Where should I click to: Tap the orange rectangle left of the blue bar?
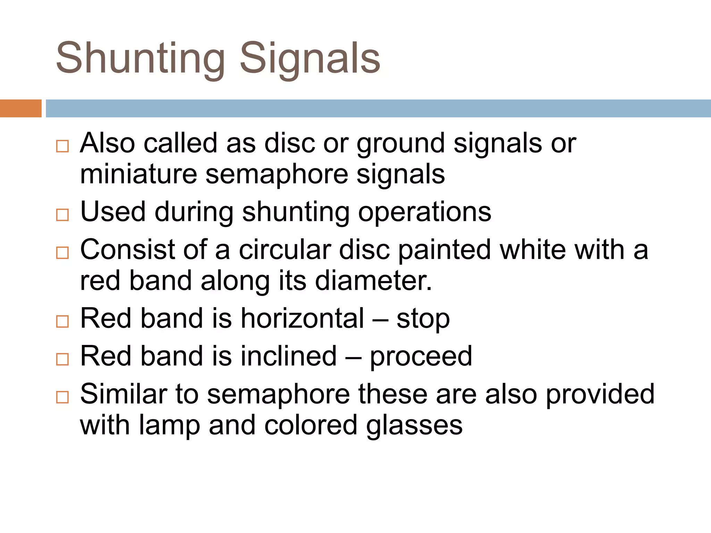(20, 108)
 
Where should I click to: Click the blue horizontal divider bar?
(378, 108)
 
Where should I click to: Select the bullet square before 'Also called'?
(62, 146)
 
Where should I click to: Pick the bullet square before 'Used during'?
(62, 215)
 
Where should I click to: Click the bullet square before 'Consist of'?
(62, 253)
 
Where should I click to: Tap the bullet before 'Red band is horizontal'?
(62, 321)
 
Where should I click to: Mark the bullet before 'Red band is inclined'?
(62, 359)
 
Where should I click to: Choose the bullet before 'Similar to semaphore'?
(62, 397)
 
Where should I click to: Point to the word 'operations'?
(424, 212)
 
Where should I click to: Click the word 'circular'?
(285, 249)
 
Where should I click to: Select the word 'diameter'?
(373, 281)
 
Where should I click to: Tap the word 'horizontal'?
(302, 318)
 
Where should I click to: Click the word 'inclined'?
(288, 356)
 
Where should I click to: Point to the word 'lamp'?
(169, 426)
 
